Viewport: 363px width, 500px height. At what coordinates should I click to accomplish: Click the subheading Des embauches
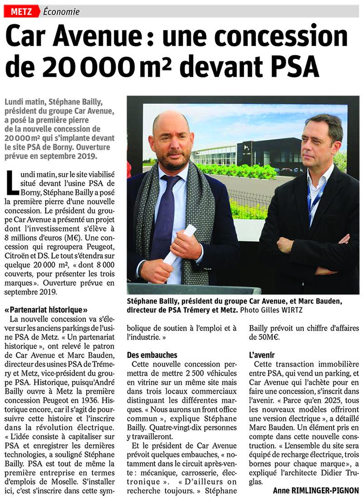[152, 355]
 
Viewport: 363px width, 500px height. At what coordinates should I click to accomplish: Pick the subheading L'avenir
[264, 355]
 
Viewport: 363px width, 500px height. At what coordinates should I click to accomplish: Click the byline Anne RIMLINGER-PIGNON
[315, 490]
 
